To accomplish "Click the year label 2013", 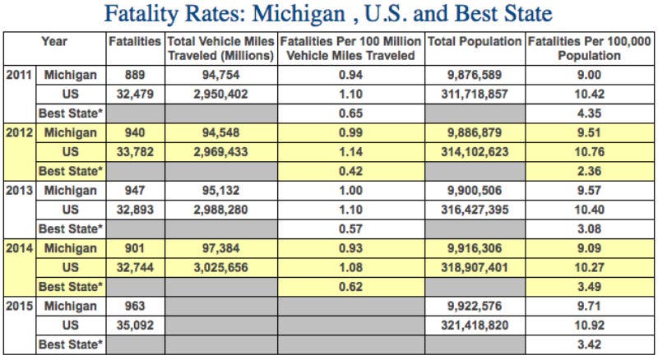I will coord(19,191).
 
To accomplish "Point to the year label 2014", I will coord(19,248).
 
